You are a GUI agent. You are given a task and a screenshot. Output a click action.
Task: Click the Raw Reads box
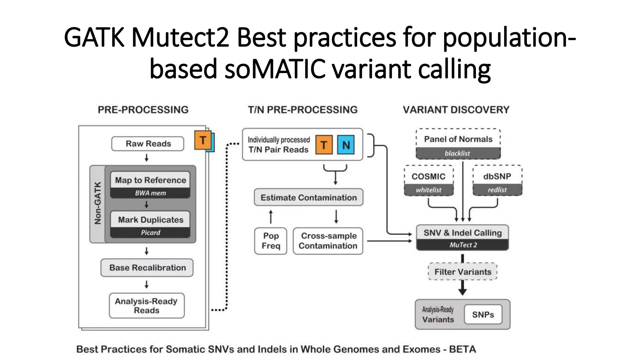tap(148, 144)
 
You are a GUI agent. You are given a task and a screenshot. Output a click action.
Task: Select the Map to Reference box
tap(150, 180)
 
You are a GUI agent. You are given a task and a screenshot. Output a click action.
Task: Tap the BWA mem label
tap(150, 193)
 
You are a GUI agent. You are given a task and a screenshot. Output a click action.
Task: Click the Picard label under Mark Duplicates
tap(150, 232)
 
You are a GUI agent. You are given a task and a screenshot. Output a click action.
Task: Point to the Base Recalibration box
tap(147, 268)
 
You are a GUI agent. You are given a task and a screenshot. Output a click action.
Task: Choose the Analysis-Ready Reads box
tap(147, 306)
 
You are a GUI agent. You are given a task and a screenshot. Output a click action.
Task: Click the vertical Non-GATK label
tap(97, 203)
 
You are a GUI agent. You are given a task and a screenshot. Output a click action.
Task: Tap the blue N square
tap(346, 145)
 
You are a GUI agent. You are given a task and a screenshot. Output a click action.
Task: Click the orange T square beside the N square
tap(324, 145)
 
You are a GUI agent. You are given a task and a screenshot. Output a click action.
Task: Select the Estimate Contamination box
tap(308, 197)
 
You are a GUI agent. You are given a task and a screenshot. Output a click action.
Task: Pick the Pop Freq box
tap(271, 241)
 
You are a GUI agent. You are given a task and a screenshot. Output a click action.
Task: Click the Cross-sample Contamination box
tap(328, 241)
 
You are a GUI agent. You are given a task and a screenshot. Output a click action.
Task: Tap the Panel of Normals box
tap(458, 139)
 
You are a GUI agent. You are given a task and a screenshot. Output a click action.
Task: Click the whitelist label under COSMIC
tap(428, 190)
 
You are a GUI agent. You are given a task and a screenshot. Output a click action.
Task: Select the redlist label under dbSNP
tap(497, 190)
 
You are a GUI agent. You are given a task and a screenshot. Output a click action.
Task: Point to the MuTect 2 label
tap(463, 245)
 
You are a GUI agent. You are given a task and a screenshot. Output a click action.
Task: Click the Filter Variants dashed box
tap(463, 272)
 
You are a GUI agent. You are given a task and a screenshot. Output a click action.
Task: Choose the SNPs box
tap(483, 314)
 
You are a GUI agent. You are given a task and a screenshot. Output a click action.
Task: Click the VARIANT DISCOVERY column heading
tap(456, 110)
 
